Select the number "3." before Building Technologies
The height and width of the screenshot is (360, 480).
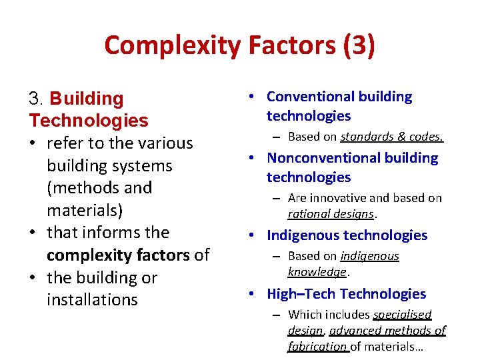coord(37,99)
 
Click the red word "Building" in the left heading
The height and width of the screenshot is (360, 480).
coord(87,99)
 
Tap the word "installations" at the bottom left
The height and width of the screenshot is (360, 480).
coord(92,300)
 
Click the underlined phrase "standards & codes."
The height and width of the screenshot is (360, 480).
coord(392,137)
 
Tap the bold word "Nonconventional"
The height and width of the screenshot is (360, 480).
coord(325,159)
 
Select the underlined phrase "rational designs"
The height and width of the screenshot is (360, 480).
coord(331,215)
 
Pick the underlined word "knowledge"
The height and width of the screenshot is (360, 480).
coord(317,272)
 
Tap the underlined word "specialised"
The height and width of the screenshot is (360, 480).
coord(402,314)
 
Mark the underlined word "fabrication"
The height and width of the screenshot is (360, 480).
coord(318,347)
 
